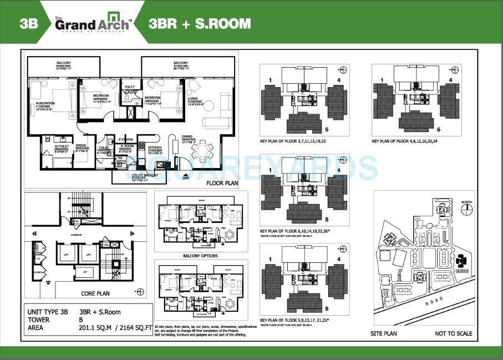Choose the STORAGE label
(x=125, y=139)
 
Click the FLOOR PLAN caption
(x=222, y=182)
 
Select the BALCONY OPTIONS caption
(x=200, y=256)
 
